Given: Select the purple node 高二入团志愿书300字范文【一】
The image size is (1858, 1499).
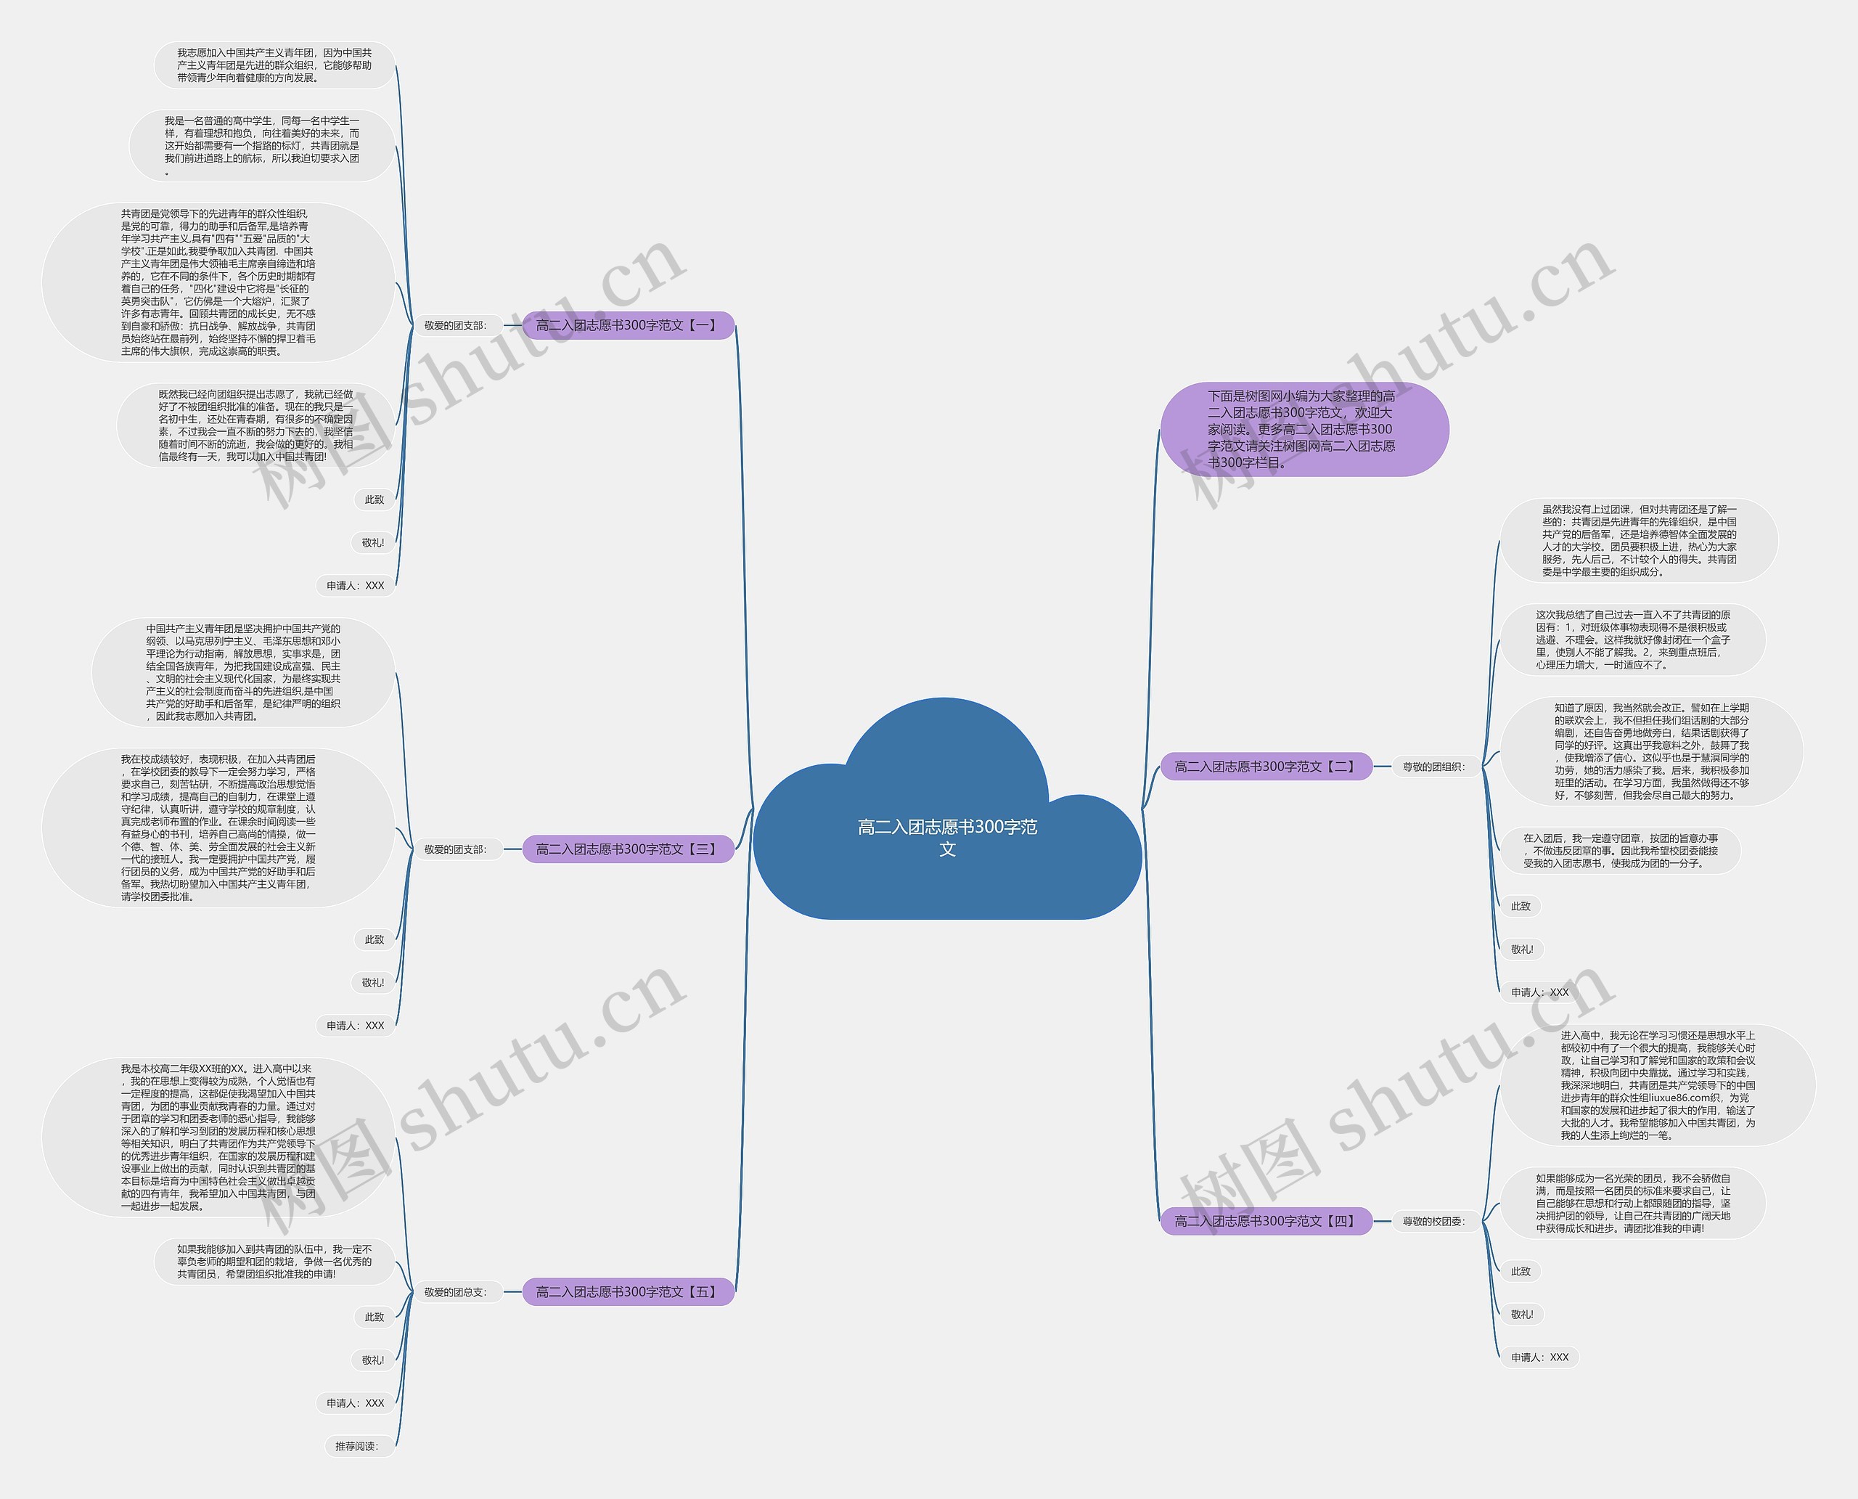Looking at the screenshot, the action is pos(628,325).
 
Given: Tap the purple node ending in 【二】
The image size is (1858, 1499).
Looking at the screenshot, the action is pos(1266,766).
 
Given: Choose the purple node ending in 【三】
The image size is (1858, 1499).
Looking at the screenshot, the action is pos(628,849).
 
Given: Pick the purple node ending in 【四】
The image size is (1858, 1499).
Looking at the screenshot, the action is pos(1266,1221).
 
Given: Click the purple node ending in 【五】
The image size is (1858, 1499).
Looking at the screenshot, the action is pos(628,1292).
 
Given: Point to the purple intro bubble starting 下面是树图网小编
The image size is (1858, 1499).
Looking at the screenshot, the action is pos(1303,429).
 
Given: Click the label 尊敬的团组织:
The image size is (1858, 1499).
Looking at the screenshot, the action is pos(1433,766).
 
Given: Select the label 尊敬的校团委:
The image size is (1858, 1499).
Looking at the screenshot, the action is pos(1433,1221).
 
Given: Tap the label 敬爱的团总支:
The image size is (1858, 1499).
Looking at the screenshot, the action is pos(455,1292).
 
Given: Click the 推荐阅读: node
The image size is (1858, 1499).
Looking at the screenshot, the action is pos(356,1445).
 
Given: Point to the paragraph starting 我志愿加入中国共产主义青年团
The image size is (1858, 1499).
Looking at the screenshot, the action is pos(274,65).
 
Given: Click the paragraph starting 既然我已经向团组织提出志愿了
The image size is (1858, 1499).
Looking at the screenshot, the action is pos(255,425).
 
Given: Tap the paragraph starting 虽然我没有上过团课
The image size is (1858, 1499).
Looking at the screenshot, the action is pos(1639,541).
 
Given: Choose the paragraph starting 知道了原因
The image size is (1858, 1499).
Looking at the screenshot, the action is pos(1650,751).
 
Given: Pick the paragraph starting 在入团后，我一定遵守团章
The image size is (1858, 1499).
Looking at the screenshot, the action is pos(1620,851).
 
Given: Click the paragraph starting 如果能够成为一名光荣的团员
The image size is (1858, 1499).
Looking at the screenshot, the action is pos(1632,1203).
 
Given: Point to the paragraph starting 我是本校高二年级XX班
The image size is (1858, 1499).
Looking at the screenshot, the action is pos(218,1137).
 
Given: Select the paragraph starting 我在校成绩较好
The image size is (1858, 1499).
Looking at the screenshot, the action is pos(218,828).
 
